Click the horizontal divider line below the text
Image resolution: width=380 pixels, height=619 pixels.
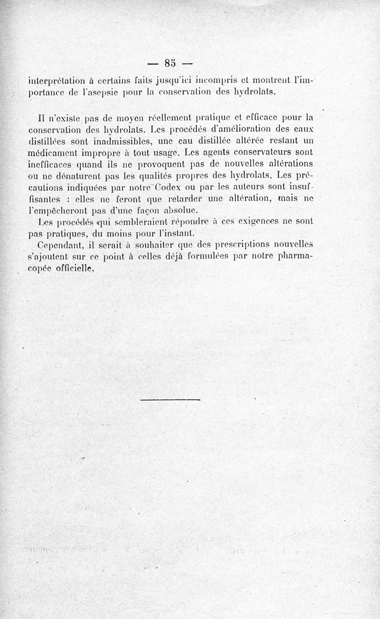coord(171,399)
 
